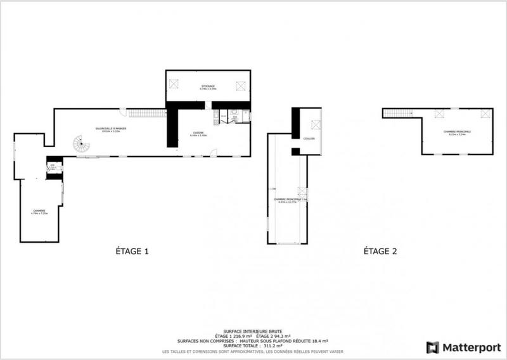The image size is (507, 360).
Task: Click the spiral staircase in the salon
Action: point(79,145)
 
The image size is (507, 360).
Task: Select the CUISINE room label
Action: point(198,133)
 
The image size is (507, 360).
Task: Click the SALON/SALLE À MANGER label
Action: point(107,129)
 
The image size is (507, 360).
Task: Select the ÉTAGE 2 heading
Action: point(380,252)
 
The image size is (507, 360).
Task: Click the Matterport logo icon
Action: point(433,347)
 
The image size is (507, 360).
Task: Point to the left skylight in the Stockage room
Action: point(175,84)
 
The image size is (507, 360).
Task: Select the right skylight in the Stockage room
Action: point(241,84)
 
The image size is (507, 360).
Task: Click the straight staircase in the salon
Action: point(147,113)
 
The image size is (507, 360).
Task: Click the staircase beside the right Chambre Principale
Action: point(399,113)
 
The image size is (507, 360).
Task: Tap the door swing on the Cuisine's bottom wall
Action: point(214,152)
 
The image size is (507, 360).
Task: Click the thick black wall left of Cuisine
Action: point(171,127)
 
